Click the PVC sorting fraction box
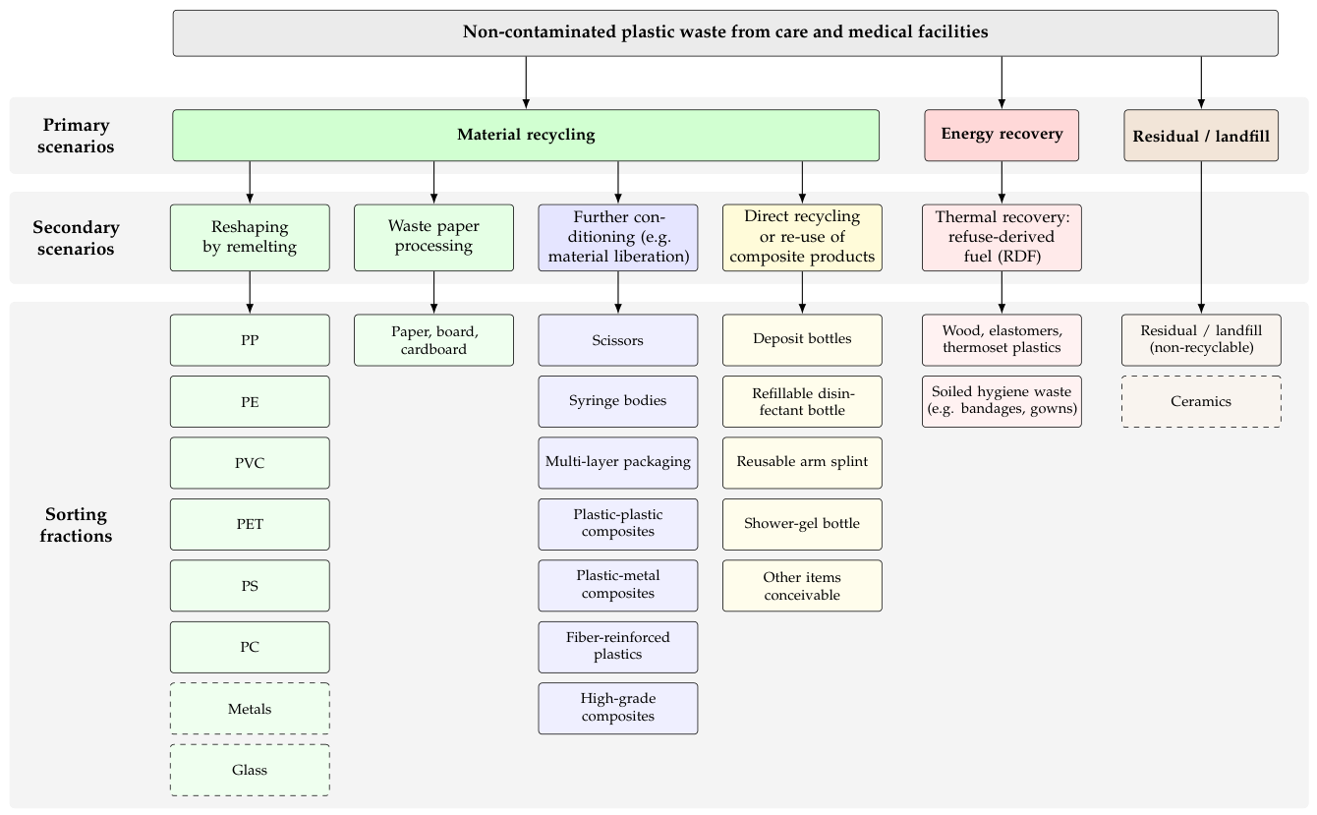[x=250, y=463]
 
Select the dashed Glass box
[x=250, y=771]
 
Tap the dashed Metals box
[x=250, y=709]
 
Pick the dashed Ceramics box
[x=1201, y=402]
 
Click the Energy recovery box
[x=1002, y=136]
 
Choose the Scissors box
[x=618, y=340]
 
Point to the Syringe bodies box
[x=618, y=402]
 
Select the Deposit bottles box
[x=802, y=340]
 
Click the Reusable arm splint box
[x=802, y=463]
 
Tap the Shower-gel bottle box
[x=802, y=525]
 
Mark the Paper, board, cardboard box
[x=433, y=340]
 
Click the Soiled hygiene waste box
[x=1002, y=402]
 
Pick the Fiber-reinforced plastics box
[x=618, y=648]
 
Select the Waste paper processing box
[x=433, y=238]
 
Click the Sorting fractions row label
[x=76, y=525]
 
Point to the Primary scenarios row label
[x=76, y=136]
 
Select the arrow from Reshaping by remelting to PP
[x=250, y=292]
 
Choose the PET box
[x=250, y=525]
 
